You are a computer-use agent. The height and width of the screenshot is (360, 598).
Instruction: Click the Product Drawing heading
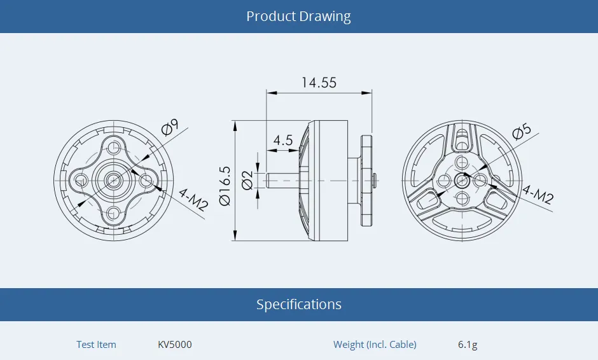tap(298, 17)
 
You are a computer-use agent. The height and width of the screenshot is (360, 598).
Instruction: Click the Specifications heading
tap(298, 305)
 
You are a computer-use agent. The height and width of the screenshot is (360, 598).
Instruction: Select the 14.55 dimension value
tap(319, 83)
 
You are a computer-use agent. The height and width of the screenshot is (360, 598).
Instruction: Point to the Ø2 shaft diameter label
tap(247, 180)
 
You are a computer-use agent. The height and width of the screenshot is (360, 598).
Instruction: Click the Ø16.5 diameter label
tap(225, 186)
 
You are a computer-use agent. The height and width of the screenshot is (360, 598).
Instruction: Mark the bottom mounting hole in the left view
tap(114, 212)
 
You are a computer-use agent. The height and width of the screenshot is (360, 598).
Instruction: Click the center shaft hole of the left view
tap(114, 181)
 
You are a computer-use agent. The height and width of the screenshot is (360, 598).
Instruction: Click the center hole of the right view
tap(461, 181)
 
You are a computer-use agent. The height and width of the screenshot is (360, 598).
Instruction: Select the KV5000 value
tap(174, 345)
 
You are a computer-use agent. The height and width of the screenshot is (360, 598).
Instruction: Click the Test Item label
tap(96, 345)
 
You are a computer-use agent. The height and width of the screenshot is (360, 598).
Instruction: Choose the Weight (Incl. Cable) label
tap(375, 345)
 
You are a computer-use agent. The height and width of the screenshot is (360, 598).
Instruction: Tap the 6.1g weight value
tap(468, 345)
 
